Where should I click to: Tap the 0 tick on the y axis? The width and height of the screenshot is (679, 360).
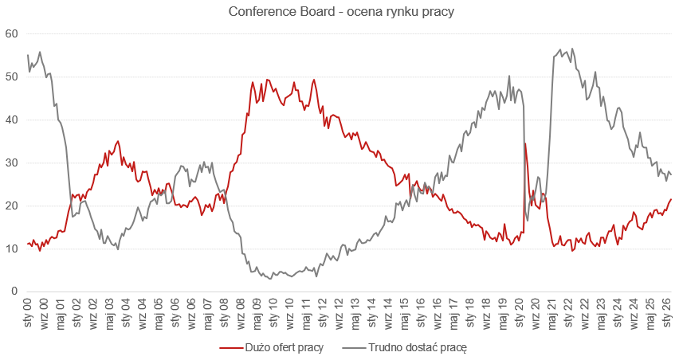(x=14, y=292)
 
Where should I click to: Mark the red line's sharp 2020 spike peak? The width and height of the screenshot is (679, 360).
(x=525, y=143)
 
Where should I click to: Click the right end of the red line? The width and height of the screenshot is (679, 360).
(x=672, y=199)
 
